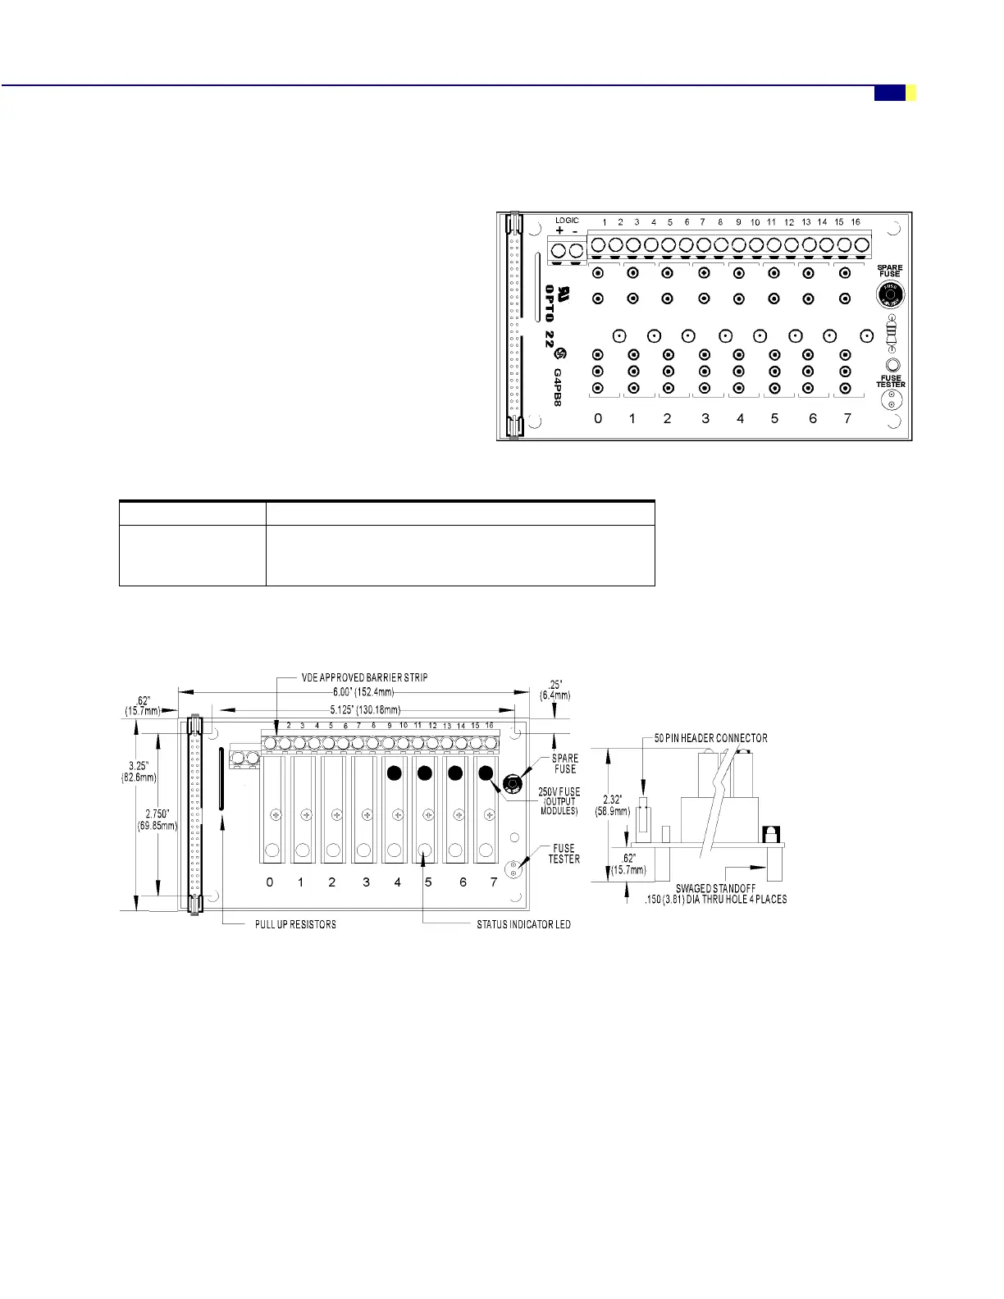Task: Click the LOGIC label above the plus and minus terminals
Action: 567,221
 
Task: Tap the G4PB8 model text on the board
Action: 558,387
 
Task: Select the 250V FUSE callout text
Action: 559,792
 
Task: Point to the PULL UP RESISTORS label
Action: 295,924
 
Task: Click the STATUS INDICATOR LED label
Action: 523,924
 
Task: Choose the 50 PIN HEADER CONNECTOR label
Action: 710,738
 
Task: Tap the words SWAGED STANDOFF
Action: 715,888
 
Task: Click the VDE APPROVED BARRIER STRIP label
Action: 364,677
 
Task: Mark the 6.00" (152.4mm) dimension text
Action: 363,692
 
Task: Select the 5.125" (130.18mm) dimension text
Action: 365,709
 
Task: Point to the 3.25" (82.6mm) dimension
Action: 139,772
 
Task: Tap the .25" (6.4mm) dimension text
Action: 555,690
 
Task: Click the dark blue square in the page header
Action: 889,93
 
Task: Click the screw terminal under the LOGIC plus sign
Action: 559,250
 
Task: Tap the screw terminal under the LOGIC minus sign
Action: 576,250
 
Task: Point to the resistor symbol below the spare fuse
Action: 892,333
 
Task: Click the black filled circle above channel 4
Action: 395,773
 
